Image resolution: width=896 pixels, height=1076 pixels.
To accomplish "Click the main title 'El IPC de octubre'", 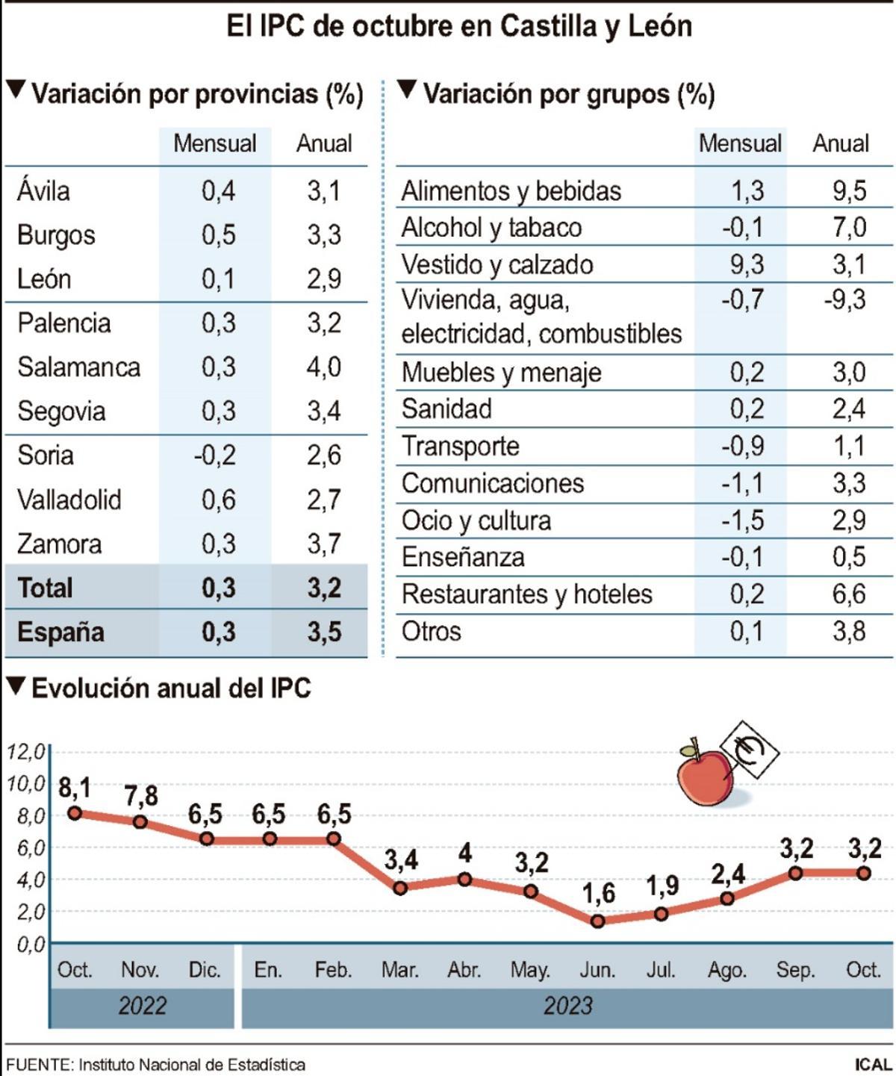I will coord(458,27).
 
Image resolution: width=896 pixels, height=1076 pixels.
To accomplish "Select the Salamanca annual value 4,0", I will coord(323,367).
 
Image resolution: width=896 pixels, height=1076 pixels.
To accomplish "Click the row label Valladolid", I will coord(69,500).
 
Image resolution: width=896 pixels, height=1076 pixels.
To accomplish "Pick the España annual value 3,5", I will coord(323,632).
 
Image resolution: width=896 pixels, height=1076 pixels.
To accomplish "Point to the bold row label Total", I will coord(45,588).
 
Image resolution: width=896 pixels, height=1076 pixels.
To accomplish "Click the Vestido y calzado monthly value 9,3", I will coord(746,265).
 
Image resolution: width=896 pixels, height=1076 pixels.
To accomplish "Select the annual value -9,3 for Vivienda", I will coord(844,300).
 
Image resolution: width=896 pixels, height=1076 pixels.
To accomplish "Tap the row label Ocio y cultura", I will coord(476,520).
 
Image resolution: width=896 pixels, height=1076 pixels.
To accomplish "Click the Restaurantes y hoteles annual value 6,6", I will coord(849,594).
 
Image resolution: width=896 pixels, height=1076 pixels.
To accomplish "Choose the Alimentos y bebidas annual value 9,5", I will coord(849,191).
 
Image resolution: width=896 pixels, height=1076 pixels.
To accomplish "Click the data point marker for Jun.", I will coord(597,921).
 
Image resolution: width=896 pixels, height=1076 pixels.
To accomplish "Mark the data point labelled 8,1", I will coord(74,813).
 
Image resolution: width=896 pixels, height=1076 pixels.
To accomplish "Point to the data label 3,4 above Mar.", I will coord(401,861).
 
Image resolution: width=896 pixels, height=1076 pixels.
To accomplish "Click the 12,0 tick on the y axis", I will coord(25,751).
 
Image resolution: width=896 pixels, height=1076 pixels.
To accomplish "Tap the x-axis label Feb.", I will coord(332,970).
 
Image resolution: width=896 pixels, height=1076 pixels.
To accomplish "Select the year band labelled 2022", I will coord(142,1006).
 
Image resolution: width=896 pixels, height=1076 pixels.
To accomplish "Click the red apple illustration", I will coord(704,777).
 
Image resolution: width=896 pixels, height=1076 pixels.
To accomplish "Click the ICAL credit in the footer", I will coord(871,1064).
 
